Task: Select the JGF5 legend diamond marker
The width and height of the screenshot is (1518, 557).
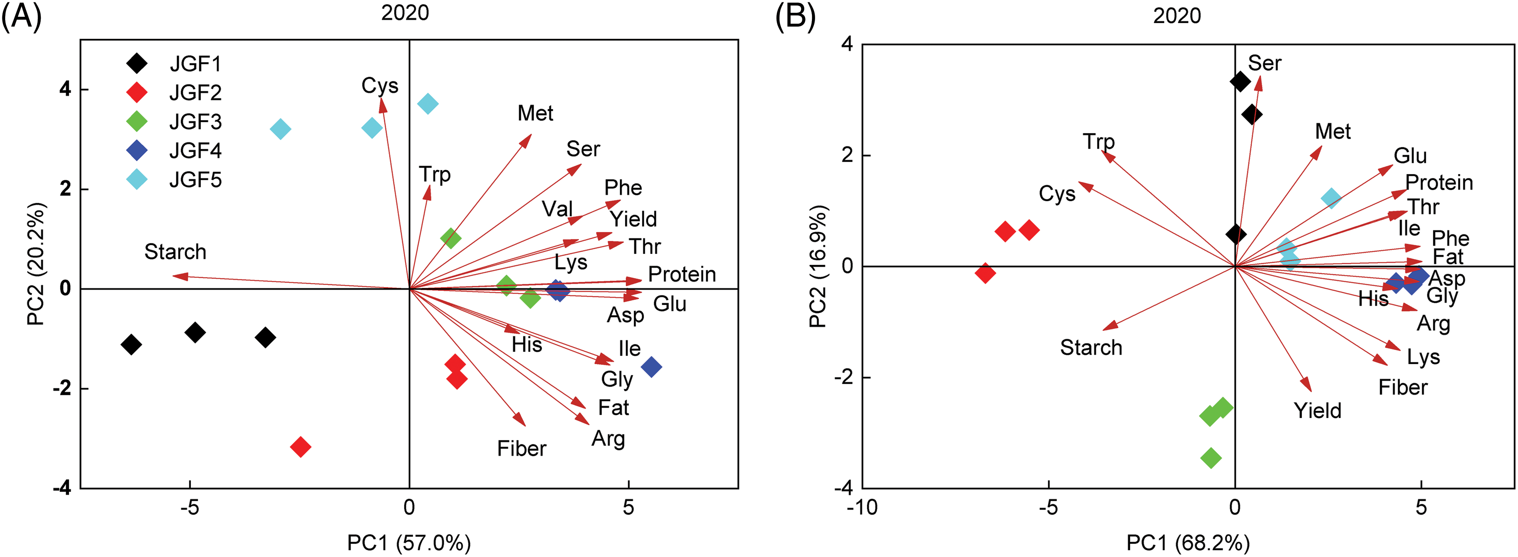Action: coord(137,179)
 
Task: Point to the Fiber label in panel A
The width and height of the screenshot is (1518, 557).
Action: coord(522,448)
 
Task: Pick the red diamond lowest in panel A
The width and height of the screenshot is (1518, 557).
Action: coord(301,447)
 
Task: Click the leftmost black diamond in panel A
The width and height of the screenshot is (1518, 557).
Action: coord(131,344)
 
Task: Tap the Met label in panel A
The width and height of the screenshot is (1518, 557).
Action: coord(535,113)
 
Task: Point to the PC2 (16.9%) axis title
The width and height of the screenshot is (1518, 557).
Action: coord(818,266)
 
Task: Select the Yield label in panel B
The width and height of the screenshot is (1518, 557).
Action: coord(1317,410)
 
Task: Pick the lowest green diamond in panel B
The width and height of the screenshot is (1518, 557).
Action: coord(1210,458)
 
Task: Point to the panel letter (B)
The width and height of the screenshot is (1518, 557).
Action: coord(795,16)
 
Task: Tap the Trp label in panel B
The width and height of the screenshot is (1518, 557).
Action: coord(1098,141)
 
